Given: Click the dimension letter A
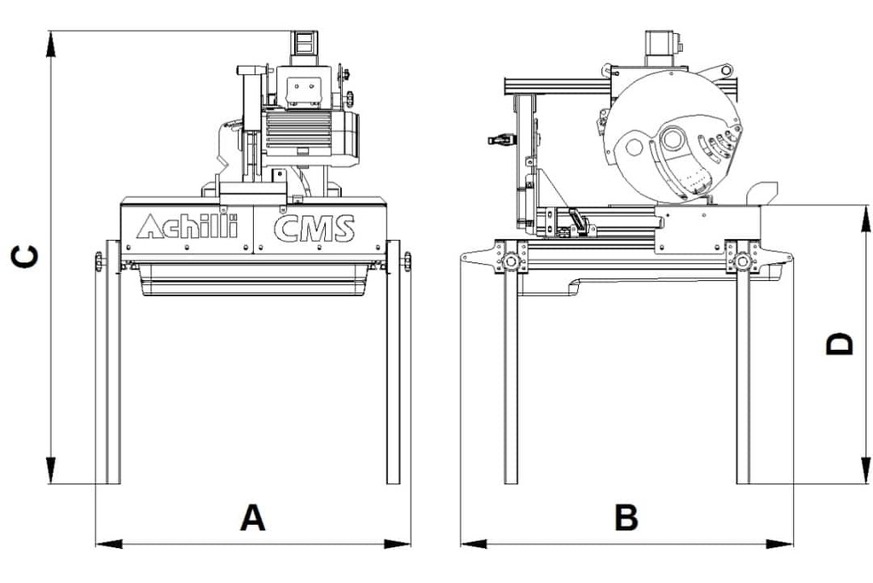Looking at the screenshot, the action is tap(252, 517).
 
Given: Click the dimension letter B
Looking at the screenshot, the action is tap(627, 517).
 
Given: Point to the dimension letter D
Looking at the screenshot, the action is tap(840, 343).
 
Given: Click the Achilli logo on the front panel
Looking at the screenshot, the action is tap(188, 226).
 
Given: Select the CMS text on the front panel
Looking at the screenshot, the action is tap(314, 228).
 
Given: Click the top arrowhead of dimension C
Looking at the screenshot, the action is tap(50, 44).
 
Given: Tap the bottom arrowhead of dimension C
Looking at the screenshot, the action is tap(50, 470).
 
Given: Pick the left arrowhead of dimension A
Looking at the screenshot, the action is tap(108, 544).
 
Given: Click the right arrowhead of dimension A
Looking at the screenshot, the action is tap(397, 544).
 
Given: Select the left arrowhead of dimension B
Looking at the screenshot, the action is tap(474, 544).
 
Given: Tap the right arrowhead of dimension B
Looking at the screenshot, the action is tap(780, 544).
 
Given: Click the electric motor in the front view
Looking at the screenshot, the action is tap(309, 137).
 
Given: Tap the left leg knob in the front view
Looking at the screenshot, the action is tap(99, 261).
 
